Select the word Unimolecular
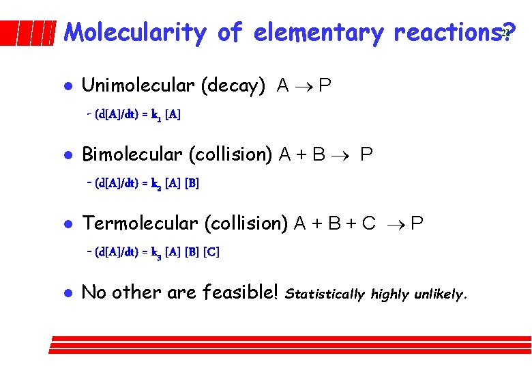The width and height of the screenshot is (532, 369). [x=138, y=85]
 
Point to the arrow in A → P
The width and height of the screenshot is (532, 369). [x=304, y=87]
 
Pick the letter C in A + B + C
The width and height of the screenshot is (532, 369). [x=369, y=223]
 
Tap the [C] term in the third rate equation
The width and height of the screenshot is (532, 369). [x=211, y=252]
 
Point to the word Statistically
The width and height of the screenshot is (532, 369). [x=325, y=295]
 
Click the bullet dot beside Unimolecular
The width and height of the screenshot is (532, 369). [x=65, y=87]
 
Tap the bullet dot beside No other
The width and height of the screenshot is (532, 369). [x=65, y=293]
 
